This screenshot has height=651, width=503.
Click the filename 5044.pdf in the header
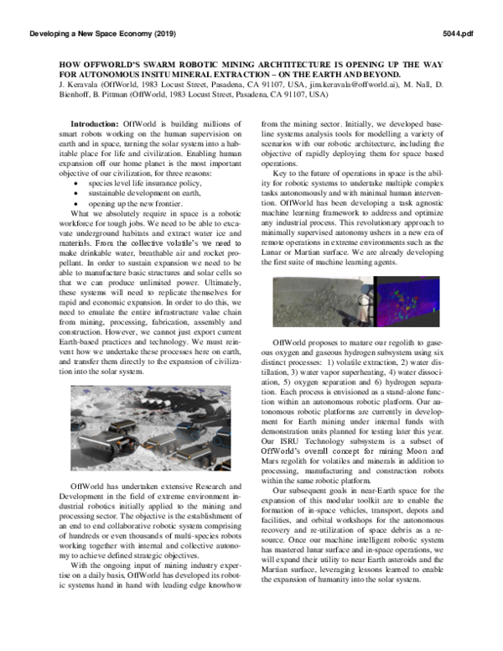tap(456, 34)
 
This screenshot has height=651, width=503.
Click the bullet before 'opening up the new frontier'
tap(78, 180)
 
